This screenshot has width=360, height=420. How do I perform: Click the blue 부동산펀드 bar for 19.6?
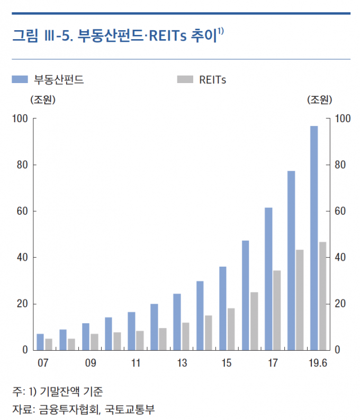pyautogui.click(x=314, y=238)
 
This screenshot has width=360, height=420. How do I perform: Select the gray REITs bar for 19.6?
pyautogui.click(x=322, y=296)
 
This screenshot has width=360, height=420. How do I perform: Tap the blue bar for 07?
pyautogui.click(x=40, y=342)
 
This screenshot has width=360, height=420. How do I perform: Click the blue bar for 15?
pyautogui.click(x=223, y=308)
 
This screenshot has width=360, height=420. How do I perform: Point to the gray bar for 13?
pyautogui.click(x=186, y=336)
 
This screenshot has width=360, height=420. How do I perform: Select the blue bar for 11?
pyautogui.click(x=131, y=331)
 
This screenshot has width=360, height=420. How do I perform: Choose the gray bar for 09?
pyautogui.click(x=94, y=342)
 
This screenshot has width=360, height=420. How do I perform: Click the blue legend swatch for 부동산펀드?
pyautogui.click(x=20, y=80)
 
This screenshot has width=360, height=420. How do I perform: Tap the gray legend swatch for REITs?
pyautogui.click(x=184, y=80)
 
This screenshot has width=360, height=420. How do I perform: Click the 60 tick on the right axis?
pyautogui.click(x=340, y=211)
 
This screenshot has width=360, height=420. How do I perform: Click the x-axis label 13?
pyautogui.click(x=182, y=363)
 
